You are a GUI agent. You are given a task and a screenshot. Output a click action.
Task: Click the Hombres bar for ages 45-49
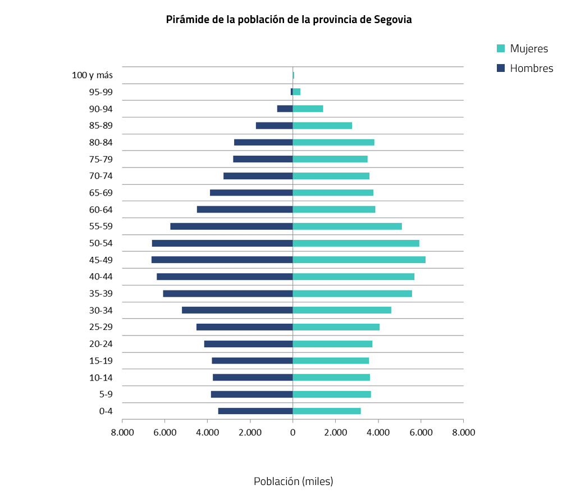pyautogui.click(x=222, y=260)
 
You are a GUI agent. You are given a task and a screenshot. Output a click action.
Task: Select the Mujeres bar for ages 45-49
pyautogui.click(x=359, y=260)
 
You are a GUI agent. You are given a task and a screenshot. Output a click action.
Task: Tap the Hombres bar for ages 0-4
pyautogui.click(x=255, y=411)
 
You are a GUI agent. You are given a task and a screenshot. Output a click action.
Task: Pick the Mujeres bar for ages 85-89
pyautogui.click(x=322, y=125)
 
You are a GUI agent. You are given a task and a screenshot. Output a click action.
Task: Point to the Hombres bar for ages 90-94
pyautogui.click(x=285, y=108)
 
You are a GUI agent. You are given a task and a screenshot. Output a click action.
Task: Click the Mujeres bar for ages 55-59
pyautogui.click(x=347, y=226)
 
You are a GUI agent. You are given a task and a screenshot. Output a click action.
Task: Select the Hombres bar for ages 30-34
pyautogui.click(x=237, y=310)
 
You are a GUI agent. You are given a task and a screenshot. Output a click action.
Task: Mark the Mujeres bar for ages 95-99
pyautogui.click(x=296, y=92)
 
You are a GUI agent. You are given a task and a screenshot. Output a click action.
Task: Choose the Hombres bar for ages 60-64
pyautogui.click(x=245, y=209)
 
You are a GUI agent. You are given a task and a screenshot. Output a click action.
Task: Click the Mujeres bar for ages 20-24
pyautogui.click(x=332, y=343)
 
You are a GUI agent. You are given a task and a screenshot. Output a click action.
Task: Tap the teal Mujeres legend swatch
pyautogui.click(x=501, y=49)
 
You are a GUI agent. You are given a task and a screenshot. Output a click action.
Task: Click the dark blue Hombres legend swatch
pyautogui.click(x=501, y=69)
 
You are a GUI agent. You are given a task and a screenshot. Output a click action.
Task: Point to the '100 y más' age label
pyautogui.click(x=92, y=75)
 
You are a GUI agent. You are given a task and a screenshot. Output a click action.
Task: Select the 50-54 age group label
pyautogui.click(x=100, y=243)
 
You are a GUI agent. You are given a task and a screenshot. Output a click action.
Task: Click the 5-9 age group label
pyautogui.click(x=106, y=394)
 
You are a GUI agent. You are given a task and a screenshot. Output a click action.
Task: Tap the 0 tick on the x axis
pyautogui.click(x=292, y=432)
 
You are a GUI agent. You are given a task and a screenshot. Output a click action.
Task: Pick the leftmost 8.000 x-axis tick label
pyautogui.click(x=122, y=432)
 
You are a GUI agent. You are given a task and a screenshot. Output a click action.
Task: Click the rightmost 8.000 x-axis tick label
pyautogui.click(x=463, y=432)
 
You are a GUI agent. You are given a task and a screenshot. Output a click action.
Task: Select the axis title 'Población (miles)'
pyautogui.click(x=293, y=481)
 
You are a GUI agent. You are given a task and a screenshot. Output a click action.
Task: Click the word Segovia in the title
pyautogui.click(x=393, y=20)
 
